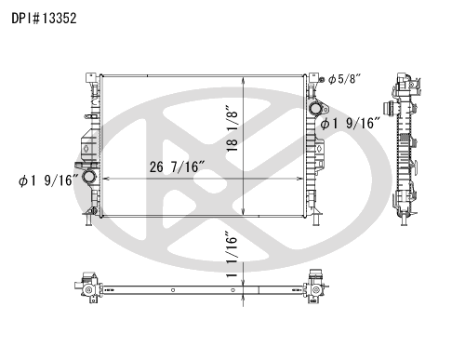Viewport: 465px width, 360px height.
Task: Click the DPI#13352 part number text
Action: pos(44,19)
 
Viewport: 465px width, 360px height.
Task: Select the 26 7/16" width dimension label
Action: pos(177,167)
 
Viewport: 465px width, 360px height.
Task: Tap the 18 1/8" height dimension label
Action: pos(232,128)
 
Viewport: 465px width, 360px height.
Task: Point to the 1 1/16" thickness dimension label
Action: pos(232,254)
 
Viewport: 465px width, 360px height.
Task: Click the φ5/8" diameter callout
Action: pos(345,79)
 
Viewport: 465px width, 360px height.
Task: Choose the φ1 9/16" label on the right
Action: pos(351,123)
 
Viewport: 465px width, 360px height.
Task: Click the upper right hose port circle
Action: pos(316,109)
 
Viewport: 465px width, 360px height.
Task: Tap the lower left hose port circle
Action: pos(88,177)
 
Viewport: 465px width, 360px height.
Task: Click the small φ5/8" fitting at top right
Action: pos(322,79)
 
